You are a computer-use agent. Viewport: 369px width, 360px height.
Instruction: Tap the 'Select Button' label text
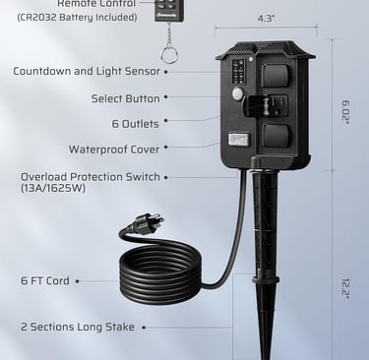point(125,98)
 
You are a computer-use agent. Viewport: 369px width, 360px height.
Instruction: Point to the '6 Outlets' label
point(135,124)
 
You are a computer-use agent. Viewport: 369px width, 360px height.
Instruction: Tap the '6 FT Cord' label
point(45,280)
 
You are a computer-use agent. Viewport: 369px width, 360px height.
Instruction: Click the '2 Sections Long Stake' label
point(78,327)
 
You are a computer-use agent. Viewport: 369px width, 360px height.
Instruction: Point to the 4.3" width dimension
point(267,18)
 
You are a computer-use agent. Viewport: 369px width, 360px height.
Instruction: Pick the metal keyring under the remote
point(169,53)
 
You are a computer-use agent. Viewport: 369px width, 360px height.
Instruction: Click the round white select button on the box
point(237,94)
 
